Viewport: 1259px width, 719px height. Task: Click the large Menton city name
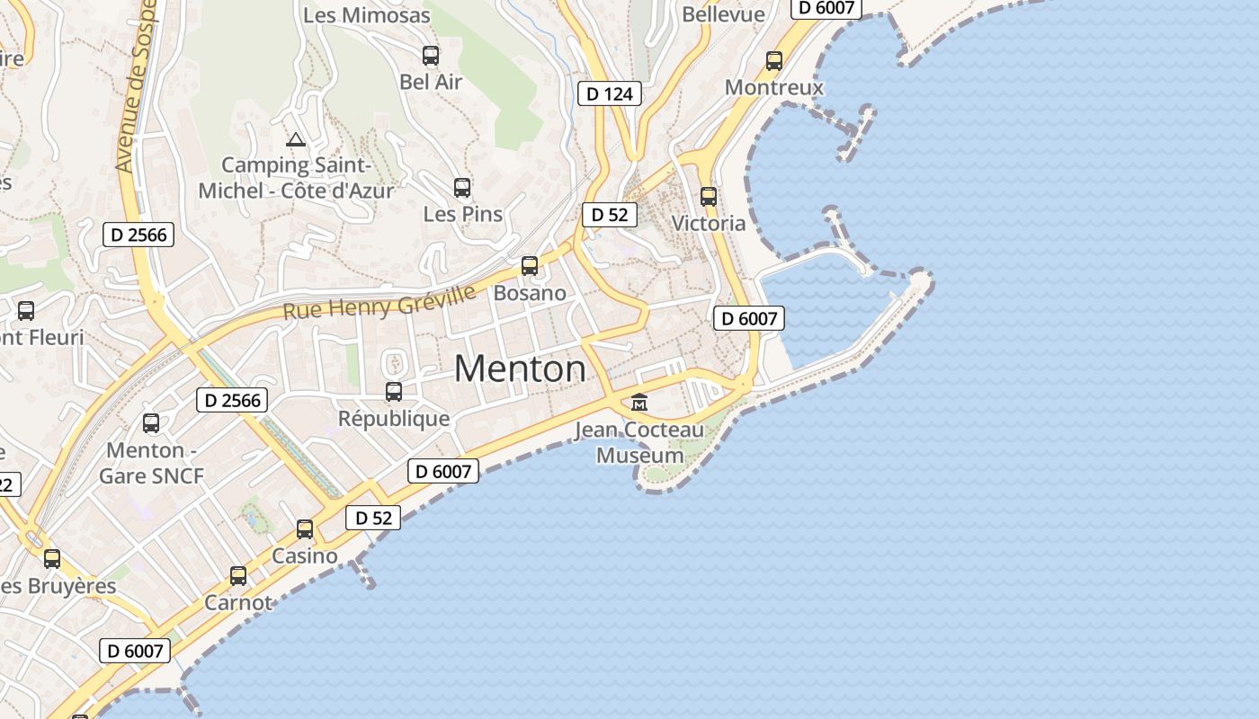point(520,368)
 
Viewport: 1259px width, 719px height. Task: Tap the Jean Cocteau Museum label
point(640,443)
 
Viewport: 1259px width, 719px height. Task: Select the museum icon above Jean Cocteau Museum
point(639,402)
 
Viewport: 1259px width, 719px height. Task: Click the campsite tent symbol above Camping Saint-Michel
point(295,139)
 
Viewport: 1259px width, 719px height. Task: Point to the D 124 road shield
point(609,93)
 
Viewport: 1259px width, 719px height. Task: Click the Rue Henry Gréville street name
point(379,303)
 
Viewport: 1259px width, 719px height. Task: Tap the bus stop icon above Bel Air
point(431,56)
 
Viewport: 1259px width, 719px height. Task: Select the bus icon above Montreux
point(774,61)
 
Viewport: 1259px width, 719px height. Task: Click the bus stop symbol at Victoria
point(709,197)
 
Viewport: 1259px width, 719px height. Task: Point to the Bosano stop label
point(530,293)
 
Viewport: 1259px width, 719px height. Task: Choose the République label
point(394,419)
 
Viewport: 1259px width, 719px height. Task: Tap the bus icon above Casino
point(305,529)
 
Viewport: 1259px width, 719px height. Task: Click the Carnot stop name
point(238,602)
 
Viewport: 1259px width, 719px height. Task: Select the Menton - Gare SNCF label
point(151,462)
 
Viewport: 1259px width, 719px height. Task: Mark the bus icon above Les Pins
point(462,188)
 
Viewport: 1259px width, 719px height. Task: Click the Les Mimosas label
point(366,15)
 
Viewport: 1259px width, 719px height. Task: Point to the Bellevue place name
point(723,14)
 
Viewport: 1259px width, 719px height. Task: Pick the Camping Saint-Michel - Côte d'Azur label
point(296,178)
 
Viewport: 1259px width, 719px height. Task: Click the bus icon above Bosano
point(530,266)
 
